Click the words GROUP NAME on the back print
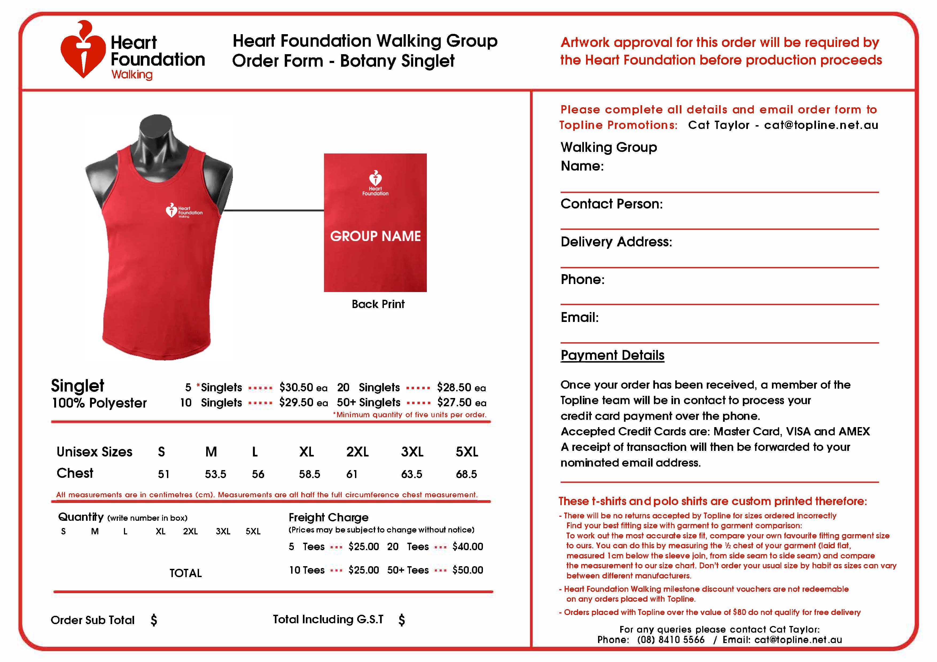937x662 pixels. [x=375, y=236]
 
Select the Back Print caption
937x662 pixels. [x=378, y=304]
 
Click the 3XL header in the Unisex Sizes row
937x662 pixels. [x=412, y=452]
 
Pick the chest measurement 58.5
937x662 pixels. [x=309, y=474]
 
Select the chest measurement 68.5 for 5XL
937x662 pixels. [x=466, y=474]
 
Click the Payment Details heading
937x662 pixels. [x=612, y=355]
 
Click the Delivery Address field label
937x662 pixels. [x=616, y=242]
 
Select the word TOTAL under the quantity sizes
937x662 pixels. [x=186, y=573]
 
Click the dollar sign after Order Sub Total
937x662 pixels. [x=154, y=620]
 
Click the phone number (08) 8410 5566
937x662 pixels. [x=670, y=640]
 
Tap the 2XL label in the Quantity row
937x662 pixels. [x=190, y=531]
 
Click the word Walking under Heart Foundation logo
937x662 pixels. [x=132, y=75]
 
